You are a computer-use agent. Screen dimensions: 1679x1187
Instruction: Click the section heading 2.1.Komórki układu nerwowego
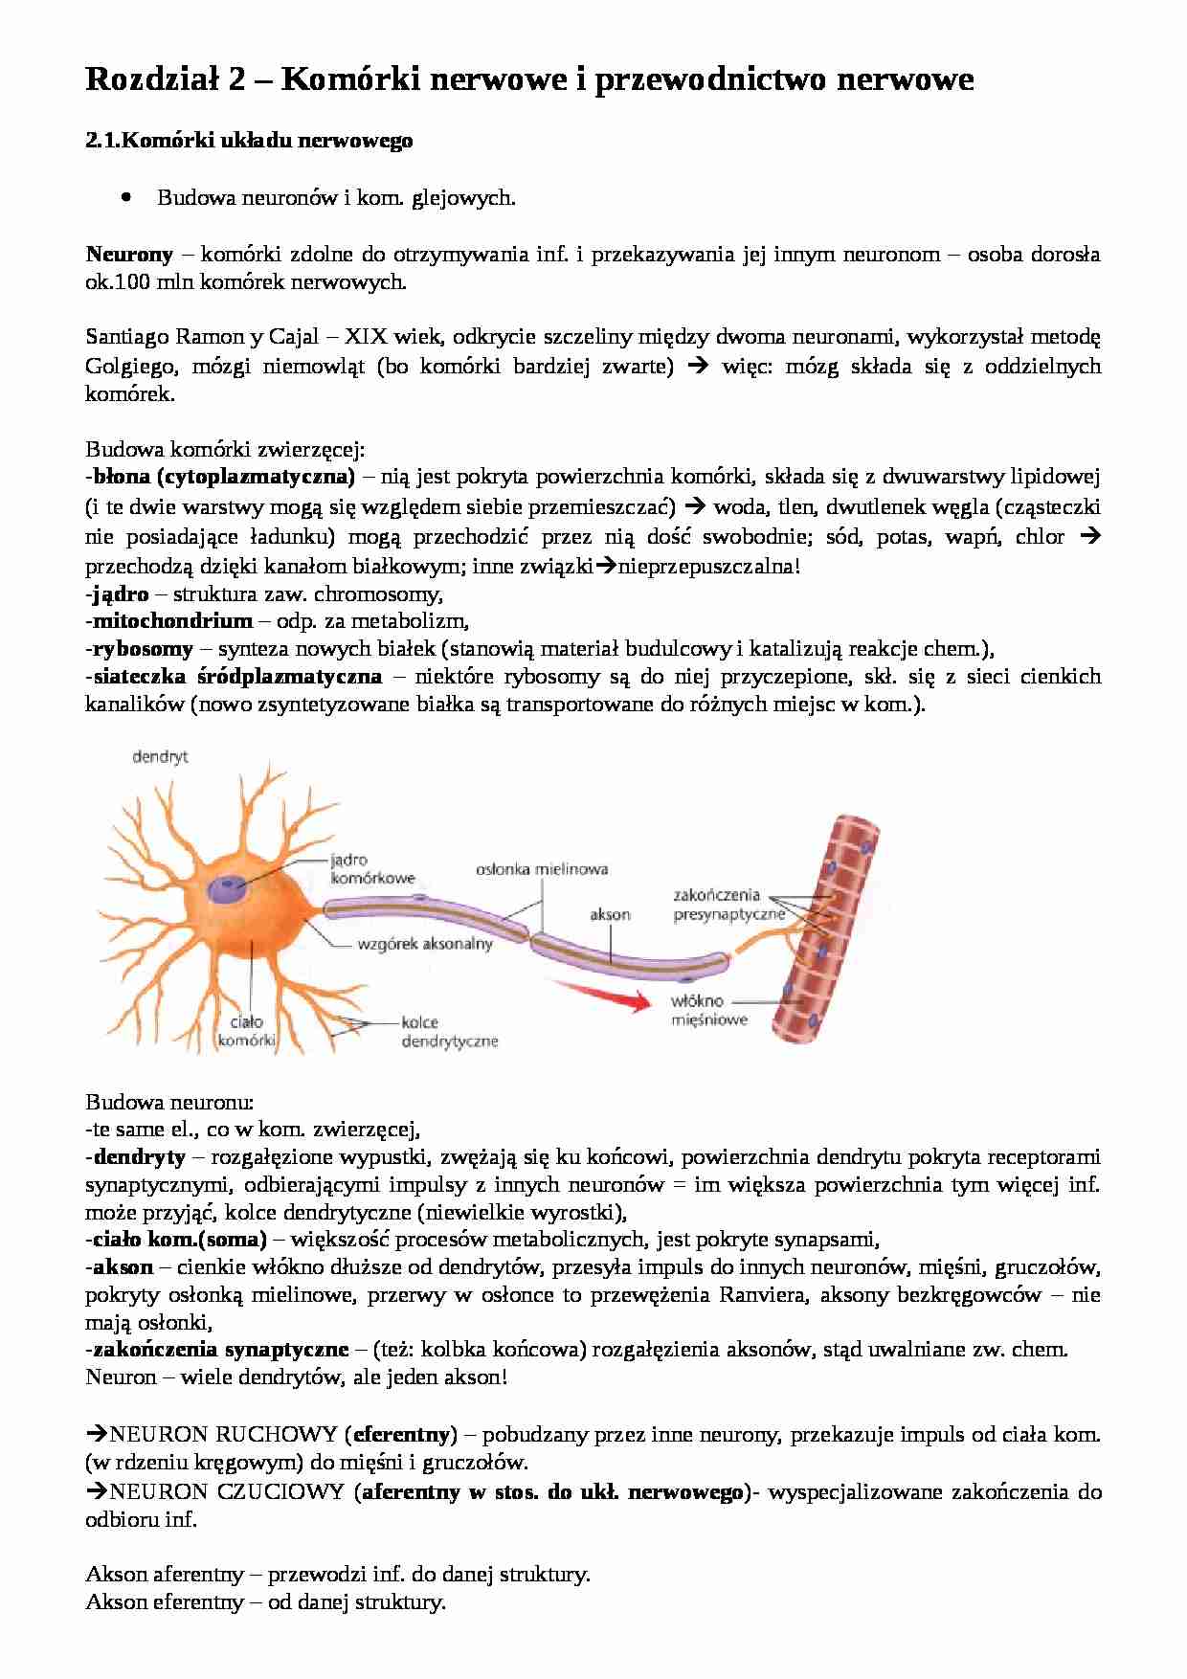[x=249, y=141]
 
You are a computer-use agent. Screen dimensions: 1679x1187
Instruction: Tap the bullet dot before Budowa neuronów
[x=126, y=197]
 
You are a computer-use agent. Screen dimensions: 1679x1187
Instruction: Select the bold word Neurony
[x=129, y=255]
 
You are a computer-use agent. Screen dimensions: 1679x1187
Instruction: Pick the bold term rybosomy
[x=143, y=648]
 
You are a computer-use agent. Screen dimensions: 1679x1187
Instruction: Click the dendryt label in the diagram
[x=160, y=756]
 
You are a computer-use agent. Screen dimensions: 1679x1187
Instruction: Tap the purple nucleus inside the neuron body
[x=229, y=888]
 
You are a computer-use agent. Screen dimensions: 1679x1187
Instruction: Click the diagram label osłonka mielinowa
[x=542, y=869]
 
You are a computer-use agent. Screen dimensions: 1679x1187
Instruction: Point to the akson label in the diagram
[x=610, y=914]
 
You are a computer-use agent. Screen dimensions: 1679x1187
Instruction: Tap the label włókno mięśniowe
[x=708, y=1010]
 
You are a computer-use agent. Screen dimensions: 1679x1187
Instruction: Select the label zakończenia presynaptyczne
[x=728, y=905]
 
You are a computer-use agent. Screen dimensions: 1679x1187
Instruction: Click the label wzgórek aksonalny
[x=424, y=943]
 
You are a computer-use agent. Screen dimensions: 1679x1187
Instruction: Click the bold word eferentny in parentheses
[x=402, y=1434]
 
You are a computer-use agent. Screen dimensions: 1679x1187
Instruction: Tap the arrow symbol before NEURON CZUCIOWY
[x=97, y=1491]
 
